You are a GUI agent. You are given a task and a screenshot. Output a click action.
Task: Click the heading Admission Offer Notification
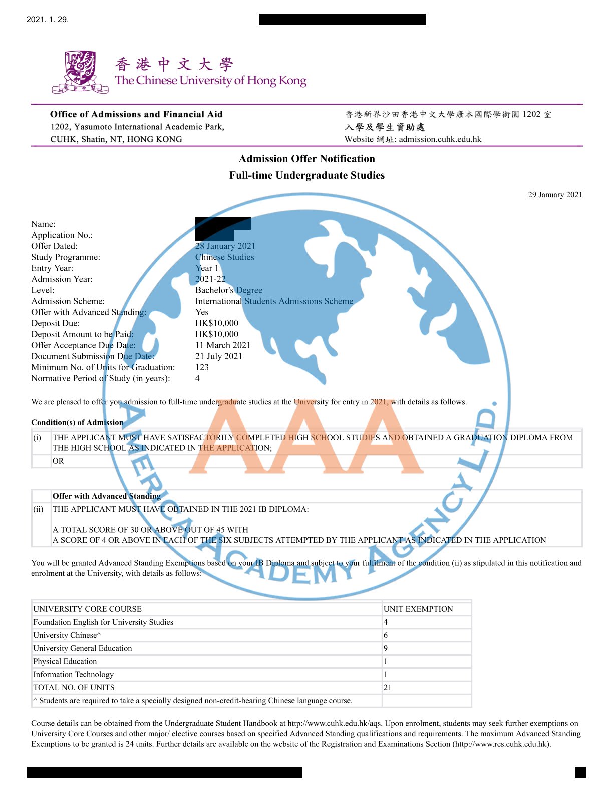[306, 159]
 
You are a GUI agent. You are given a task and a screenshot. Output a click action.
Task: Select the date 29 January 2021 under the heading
[555, 195]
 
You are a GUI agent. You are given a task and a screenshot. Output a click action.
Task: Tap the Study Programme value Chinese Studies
[224, 257]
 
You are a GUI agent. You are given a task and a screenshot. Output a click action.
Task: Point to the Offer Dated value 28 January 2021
[225, 246]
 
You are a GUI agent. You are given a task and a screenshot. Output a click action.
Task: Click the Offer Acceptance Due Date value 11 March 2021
[223, 345]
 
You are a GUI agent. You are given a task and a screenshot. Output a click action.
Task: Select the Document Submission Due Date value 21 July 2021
[219, 356]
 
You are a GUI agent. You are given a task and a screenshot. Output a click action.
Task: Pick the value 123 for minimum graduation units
[202, 367]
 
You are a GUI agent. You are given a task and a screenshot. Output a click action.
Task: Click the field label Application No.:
[62, 235]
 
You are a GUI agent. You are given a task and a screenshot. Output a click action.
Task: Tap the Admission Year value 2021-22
[210, 279]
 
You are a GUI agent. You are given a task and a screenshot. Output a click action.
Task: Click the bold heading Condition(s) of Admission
[77, 422]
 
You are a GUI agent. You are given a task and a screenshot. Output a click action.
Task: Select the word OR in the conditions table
[58, 461]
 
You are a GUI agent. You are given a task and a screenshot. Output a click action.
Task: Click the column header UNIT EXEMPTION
[418, 609]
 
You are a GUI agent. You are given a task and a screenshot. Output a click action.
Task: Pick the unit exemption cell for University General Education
[386, 648]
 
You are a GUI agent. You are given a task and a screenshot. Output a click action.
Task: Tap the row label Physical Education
[65, 661]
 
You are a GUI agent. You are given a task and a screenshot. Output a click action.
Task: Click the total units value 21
[387, 687]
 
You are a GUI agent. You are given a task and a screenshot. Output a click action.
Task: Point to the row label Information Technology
[73, 674]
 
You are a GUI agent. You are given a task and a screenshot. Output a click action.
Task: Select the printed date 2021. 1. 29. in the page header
[48, 20]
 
